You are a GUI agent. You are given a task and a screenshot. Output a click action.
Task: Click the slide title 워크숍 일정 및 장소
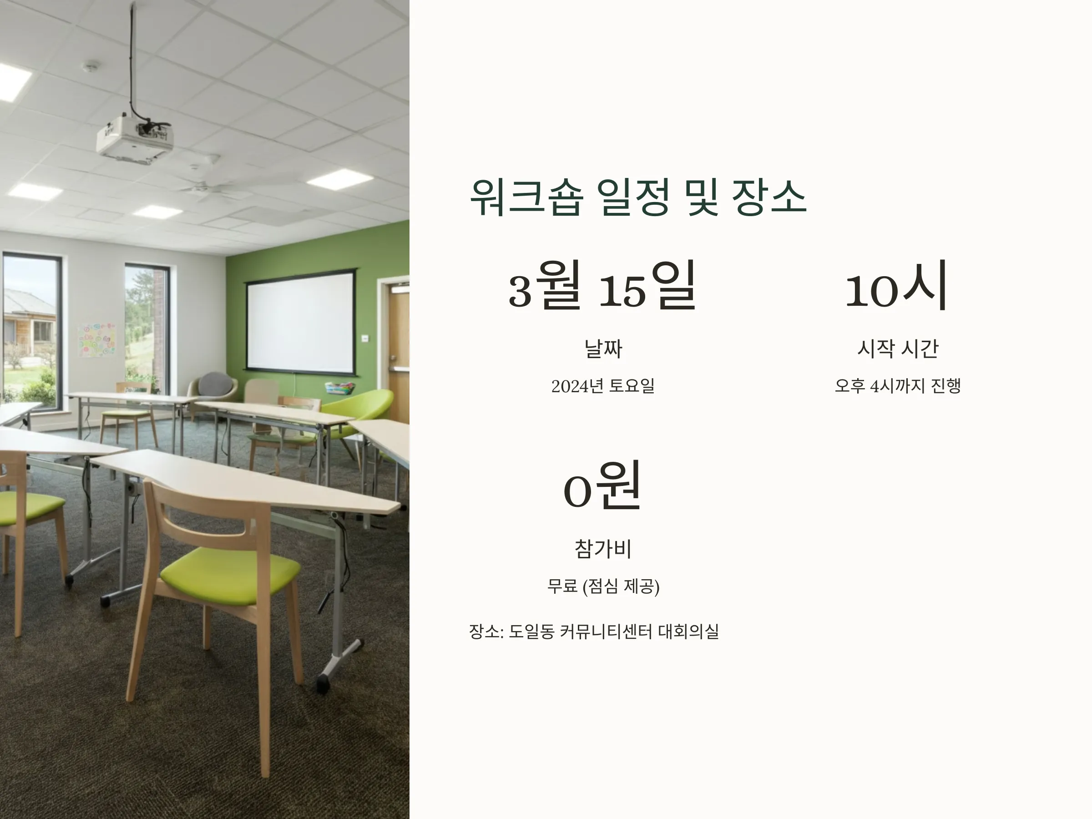638,197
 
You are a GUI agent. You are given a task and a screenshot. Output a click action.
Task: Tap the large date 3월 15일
602,286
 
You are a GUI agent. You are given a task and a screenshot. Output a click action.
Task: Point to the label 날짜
603,349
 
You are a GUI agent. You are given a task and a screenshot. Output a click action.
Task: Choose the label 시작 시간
898,349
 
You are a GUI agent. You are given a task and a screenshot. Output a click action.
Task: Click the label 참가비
603,548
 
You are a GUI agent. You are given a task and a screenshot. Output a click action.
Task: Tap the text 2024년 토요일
603,385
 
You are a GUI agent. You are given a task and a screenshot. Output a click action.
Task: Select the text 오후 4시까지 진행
898,385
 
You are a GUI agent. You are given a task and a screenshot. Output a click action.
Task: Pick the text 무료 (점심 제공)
603,586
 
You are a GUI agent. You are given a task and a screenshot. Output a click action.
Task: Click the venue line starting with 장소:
593,632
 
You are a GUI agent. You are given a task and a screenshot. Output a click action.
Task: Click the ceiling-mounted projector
135,138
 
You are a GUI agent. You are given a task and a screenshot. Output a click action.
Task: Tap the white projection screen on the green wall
301,322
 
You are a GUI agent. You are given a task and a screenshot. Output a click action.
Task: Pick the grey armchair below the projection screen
214,388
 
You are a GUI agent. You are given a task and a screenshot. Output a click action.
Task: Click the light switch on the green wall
365,338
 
